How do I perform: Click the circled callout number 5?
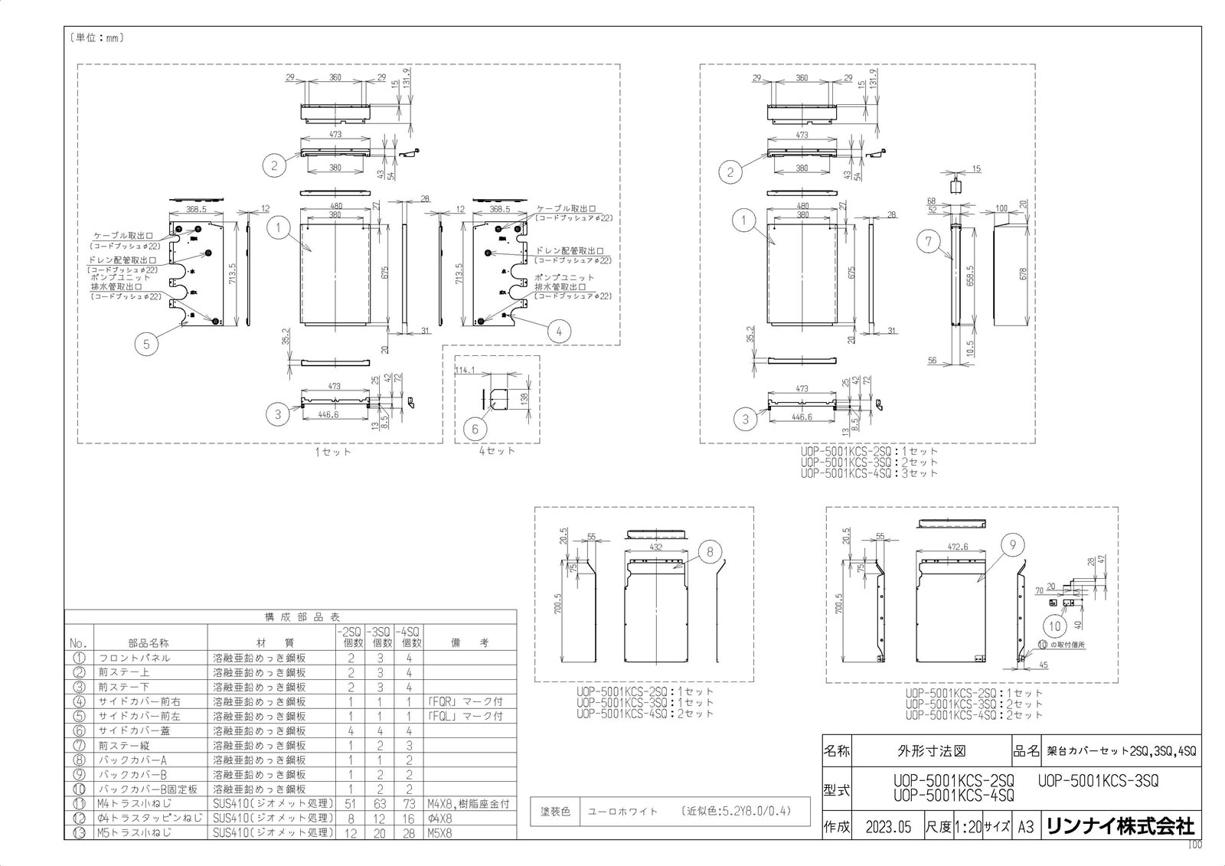click(x=146, y=344)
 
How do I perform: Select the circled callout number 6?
click(x=475, y=429)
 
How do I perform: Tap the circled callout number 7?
click(x=928, y=242)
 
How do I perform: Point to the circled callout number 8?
click(x=710, y=551)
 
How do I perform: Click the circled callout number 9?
click(x=1012, y=545)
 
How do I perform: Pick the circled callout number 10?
click(x=1056, y=626)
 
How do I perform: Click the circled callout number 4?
click(x=560, y=331)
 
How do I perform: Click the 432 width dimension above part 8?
click(x=656, y=548)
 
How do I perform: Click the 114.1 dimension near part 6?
click(x=465, y=371)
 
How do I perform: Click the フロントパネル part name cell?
click(x=134, y=658)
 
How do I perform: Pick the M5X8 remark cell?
click(x=440, y=832)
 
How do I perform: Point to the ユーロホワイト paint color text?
click(x=622, y=812)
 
